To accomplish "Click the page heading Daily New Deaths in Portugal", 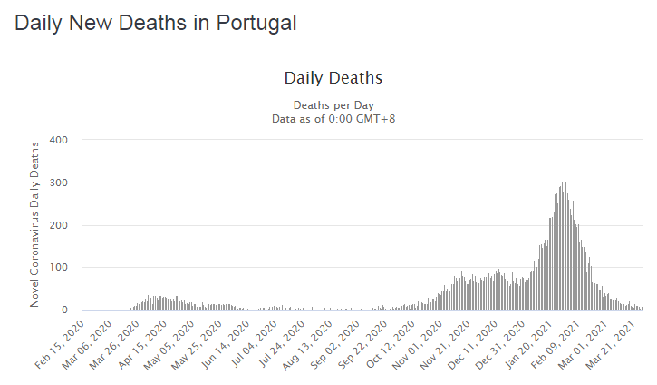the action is point(156,23).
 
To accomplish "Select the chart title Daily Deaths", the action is point(333,78).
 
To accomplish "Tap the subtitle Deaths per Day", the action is point(333,105).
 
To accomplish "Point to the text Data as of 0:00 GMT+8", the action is point(333,119).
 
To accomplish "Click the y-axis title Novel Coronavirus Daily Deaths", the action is point(34,224).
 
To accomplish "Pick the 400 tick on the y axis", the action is point(59,140).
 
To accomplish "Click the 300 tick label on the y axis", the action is point(59,183).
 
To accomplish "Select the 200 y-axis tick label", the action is point(59,225).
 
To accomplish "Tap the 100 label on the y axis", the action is point(59,268).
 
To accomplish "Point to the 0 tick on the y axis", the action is point(64,311).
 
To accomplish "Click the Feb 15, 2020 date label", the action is point(60,345).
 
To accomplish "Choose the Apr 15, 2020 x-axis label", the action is point(142,345).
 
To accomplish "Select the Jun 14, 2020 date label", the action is point(225,345).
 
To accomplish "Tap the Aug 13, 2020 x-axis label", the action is point(308,345).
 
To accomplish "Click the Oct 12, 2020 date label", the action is point(391,345).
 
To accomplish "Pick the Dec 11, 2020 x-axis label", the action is point(473,345).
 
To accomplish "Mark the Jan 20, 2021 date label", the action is point(529,345).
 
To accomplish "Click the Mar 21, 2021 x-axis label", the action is point(612,345).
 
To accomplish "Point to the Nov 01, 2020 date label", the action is point(418,345).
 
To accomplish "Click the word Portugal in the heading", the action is point(256,24).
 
